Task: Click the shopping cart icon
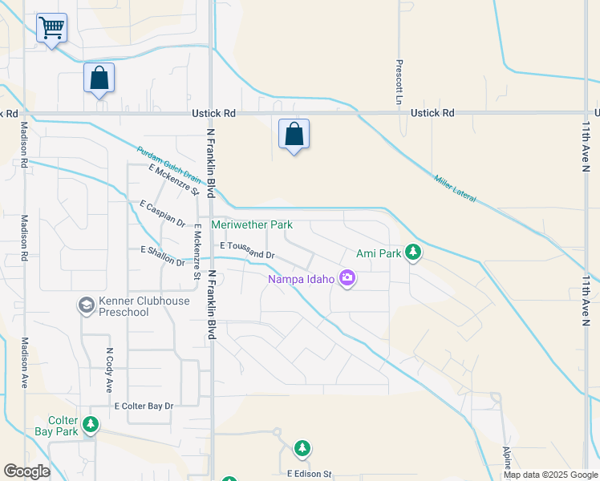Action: coord(52,28)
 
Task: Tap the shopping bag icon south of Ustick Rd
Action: coord(294,134)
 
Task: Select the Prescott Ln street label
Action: coord(398,82)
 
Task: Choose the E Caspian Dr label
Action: coord(162,214)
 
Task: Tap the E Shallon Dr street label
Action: coord(163,257)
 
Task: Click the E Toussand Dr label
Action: coord(247,250)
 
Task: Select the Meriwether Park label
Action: coord(252,225)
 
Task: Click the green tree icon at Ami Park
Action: coord(413,253)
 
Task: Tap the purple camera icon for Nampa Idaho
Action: coord(347,278)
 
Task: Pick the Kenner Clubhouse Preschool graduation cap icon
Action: coord(86,305)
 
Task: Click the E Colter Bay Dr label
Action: coord(144,406)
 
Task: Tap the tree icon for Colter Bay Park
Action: coord(91,423)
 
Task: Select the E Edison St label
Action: coord(309,475)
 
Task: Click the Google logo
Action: coord(26,471)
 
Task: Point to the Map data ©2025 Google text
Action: coord(550,475)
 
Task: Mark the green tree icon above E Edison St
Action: coord(302,448)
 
